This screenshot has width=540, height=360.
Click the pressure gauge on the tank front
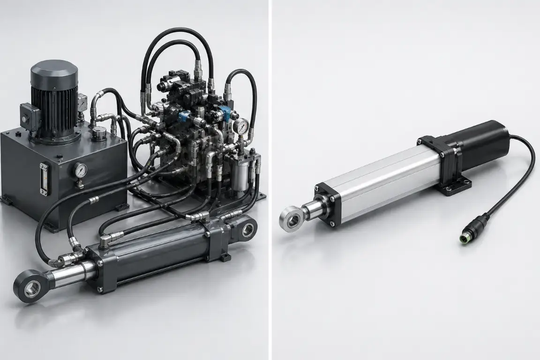[81, 169]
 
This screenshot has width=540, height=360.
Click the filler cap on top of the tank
[98, 133]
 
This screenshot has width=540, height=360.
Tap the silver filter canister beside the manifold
[240, 174]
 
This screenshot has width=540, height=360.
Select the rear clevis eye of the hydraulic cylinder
[247, 229]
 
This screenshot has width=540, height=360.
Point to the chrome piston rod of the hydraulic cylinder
[70, 272]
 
